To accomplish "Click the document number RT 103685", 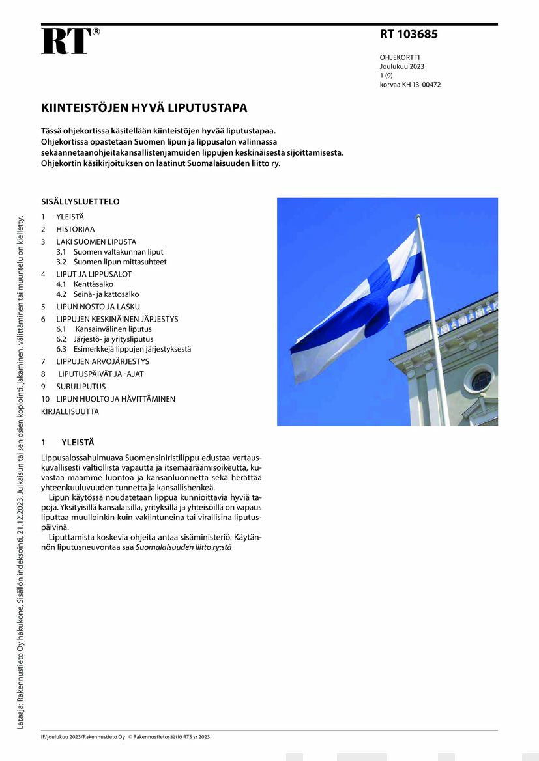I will (x=409, y=35).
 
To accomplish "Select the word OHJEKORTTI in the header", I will (x=400, y=57).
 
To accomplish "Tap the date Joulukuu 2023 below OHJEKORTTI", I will (x=402, y=66).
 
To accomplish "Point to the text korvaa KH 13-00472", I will (x=410, y=85).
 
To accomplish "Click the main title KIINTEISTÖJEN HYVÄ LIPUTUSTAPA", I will (x=144, y=108).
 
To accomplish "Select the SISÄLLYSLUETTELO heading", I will (x=80, y=202).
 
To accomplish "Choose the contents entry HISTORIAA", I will (x=75, y=229).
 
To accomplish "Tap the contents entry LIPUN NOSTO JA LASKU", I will (x=98, y=307).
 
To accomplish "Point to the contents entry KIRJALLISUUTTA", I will (x=70, y=412).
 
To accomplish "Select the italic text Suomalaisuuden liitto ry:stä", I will (x=183, y=547).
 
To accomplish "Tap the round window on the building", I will (x=481, y=380).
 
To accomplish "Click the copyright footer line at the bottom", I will (x=125, y=737).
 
